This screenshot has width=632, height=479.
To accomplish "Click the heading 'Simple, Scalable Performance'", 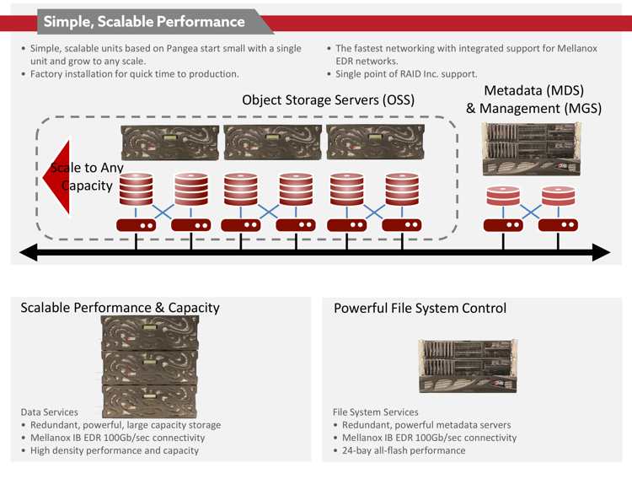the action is point(144,21).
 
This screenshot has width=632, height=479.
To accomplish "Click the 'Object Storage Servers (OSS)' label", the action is point(328,100).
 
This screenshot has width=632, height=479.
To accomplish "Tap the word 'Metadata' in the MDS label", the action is point(512,90).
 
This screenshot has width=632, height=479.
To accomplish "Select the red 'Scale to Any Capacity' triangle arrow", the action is point(56,177).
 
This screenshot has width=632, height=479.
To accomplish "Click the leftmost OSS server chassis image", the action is point(169,143).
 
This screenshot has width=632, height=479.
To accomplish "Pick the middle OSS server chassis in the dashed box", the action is point(272,143).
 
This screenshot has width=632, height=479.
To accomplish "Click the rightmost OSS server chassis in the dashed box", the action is point(375,143).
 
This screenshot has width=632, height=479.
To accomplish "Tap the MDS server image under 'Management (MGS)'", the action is point(532,149).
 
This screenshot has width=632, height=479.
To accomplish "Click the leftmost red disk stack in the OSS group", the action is point(137,189).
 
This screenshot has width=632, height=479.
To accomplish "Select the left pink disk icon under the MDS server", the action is point(503,196).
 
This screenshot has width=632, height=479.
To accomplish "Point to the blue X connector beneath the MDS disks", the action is point(531,212).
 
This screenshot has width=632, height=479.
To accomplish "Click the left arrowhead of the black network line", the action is point(28,252).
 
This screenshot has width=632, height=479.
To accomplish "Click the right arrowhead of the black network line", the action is point(602,252).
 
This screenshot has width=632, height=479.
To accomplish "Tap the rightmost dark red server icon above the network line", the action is point(558,225).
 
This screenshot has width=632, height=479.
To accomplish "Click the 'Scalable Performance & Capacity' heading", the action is point(121,308).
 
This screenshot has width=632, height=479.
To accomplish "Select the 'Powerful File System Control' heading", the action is point(420,309).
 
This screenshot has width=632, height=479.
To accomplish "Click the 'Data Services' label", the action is point(49,412).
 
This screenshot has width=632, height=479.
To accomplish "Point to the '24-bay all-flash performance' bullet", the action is point(404,450).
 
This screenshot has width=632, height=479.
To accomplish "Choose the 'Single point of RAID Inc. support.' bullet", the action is point(406,74).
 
